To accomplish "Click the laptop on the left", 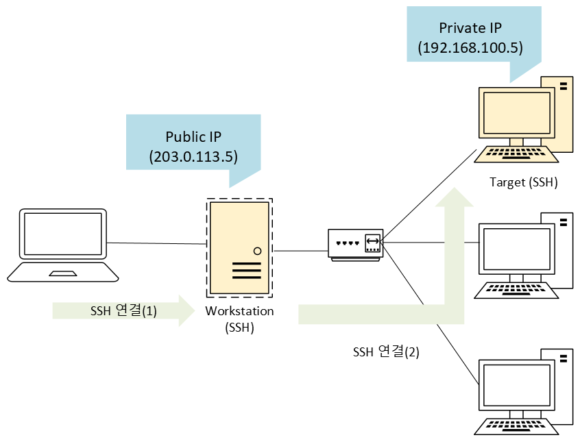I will [63, 243].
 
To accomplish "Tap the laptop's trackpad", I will [63, 273].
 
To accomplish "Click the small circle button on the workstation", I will [257, 251].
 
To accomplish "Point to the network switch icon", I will [355, 245].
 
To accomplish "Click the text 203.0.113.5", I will [193, 156].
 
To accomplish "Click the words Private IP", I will [470, 29].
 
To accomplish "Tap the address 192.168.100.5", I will [470, 48].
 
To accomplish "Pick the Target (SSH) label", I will [523, 182].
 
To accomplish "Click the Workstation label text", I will [239, 311].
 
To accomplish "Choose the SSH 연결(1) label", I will [123, 311].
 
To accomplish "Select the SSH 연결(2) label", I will [386, 352].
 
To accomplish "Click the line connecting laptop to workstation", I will [156, 243].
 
